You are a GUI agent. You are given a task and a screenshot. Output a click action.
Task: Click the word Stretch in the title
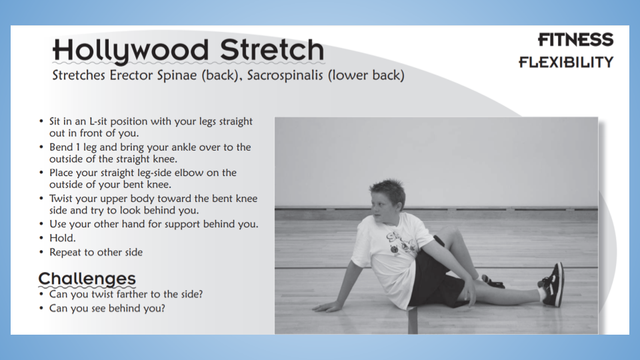[272, 50]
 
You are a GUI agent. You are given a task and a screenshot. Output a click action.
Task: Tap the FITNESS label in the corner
[575, 40]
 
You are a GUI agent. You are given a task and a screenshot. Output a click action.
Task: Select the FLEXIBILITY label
[566, 62]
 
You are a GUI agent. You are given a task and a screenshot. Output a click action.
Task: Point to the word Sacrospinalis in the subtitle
[285, 75]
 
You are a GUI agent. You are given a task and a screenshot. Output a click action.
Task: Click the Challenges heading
[87, 279]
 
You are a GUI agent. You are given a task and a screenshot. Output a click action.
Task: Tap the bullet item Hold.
[63, 238]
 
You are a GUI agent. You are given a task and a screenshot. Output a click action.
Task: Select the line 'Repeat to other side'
[96, 252]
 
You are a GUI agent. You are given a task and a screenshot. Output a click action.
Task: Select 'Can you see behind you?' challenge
[107, 308]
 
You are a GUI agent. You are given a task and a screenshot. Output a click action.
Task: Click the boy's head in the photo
[387, 200]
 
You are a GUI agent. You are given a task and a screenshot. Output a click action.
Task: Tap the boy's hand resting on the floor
[327, 307]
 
